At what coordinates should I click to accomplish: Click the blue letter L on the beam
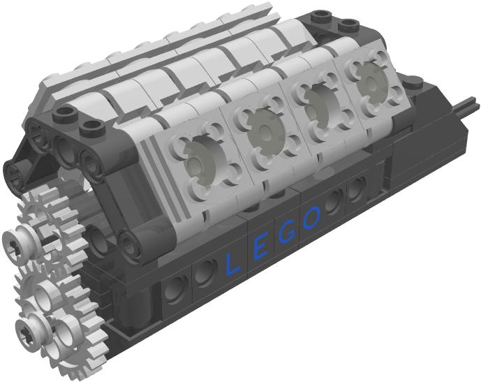coord(232,263)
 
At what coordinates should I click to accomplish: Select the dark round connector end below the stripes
coord(132,244)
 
